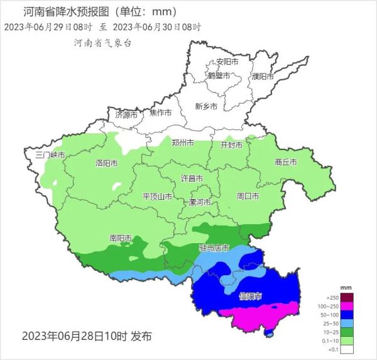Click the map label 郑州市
[x=183, y=143]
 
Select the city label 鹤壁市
[x=219, y=75]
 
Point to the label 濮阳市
[x=263, y=76]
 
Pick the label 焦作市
[x=160, y=112]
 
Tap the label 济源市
[x=126, y=115]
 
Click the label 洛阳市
[x=106, y=163]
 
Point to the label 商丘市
[x=286, y=162]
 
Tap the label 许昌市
[x=192, y=178]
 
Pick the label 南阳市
[x=121, y=238]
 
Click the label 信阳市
[x=251, y=295]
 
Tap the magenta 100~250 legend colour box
[x=347, y=304]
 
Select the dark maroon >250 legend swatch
[x=347, y=296]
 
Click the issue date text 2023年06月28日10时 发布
[x=87, y=336]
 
